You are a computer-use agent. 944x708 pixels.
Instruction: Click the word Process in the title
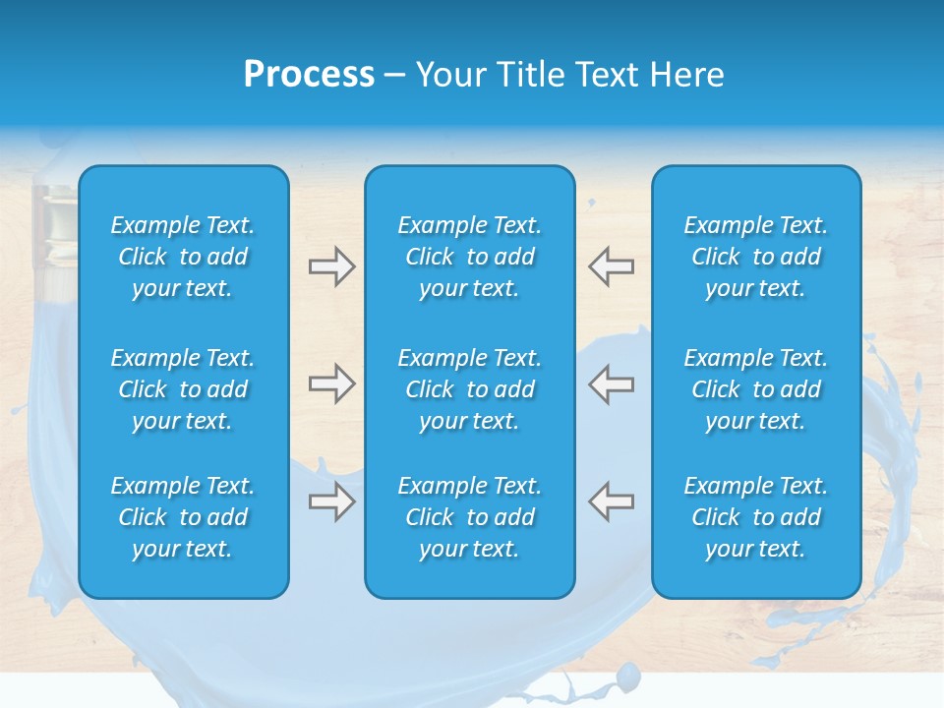coord(309,74)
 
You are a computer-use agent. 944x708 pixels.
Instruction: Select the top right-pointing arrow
coord(331,266)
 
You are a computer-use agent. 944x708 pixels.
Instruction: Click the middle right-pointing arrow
coord(331,383)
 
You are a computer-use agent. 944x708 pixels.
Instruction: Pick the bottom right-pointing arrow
coord(331,501)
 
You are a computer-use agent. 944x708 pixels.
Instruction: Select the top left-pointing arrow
coord(611,266)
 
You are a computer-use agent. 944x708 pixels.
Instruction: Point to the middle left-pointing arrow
coord(611,383)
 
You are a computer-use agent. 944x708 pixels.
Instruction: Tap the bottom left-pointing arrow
coord(611,501)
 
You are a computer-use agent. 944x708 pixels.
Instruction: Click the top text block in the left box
coord(183,257)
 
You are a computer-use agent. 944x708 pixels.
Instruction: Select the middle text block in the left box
coord(183,389)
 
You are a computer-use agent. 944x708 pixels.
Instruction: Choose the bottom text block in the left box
coord(183,517)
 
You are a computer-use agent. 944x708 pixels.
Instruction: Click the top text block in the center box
coord(469,257)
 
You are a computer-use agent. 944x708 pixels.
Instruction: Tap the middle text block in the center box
coord(469,389)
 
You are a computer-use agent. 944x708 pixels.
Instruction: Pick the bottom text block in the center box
coord(469,517)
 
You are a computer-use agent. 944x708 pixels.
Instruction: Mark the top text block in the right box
coord(755,257)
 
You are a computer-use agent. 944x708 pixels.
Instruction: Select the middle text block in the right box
coord(755,389)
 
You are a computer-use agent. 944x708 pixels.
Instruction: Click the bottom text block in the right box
coord(755,517)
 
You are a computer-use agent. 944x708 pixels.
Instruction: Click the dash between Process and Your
coord(394,75)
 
